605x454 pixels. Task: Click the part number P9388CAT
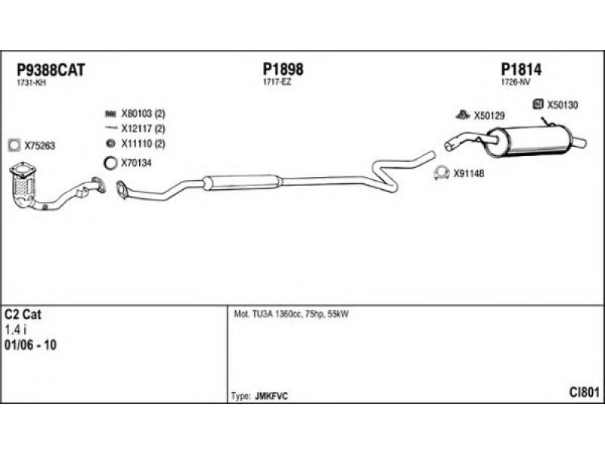coord(50,70)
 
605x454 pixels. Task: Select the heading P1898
coord(284,70)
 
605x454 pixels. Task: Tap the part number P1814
coord(522,70)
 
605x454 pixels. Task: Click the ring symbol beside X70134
coord(110,162)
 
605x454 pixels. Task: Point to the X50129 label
coord(489,116)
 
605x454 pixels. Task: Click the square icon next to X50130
coord(538,104)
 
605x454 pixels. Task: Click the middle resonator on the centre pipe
coord(242,182)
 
